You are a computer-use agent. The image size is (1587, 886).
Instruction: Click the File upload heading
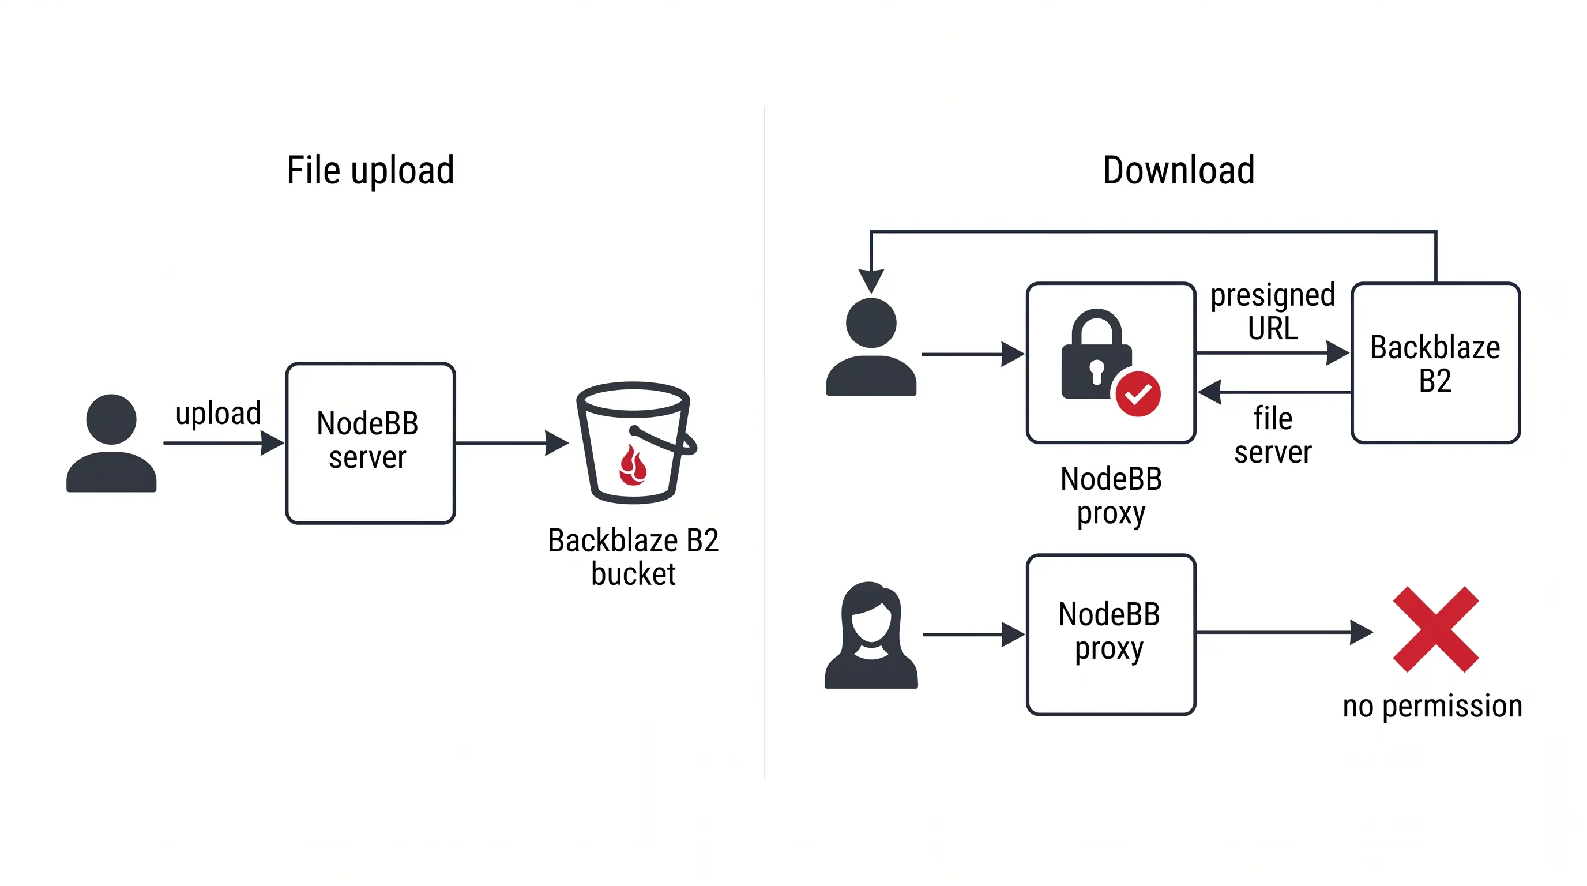(x=370, y=171)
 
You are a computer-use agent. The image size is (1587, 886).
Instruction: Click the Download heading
(x=1178, y=171)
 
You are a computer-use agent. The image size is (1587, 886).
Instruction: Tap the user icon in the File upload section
(x=111, y=443)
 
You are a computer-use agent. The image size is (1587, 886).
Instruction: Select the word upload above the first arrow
(x=218, y=412)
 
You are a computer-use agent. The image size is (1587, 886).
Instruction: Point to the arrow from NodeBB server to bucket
(x=512, y=443)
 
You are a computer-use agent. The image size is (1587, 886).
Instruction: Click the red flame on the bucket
(x=633, y=467)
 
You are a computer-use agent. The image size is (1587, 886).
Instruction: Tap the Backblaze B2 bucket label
(x=633, y=557)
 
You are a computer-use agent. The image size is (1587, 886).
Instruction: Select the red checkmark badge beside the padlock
(x=1137, y=394)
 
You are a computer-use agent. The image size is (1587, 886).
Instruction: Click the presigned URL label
(x=1273, y=311)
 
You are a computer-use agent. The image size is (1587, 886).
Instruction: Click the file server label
(x=1273, y=435)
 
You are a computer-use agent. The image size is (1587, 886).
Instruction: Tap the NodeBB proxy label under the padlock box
(x=1111, y=495)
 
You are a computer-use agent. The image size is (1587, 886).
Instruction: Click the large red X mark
(x=1435, y=629)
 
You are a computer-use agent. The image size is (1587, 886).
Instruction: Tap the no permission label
(x=1432, y=706)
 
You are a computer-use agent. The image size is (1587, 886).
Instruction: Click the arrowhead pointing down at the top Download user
(x=871, y=280)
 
